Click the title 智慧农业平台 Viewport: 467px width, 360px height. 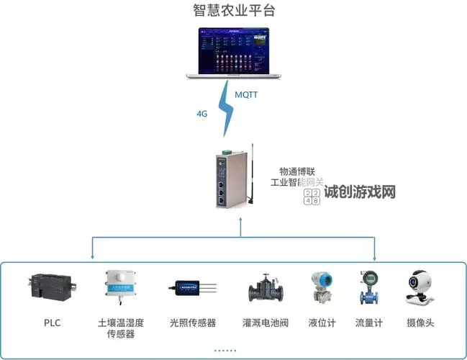click(234, 11)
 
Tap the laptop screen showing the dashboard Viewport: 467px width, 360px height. click(234, 50)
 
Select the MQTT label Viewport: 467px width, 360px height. click(247, 95)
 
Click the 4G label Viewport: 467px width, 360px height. click(202, 114)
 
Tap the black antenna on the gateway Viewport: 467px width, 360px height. click(252, 173)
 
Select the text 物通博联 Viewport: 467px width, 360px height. click(297, 171)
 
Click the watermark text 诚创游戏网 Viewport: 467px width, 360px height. click(360, 193)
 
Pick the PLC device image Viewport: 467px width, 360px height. click(52, 287)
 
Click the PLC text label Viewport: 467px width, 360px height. click(51, 323)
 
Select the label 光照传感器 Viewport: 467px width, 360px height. click(193, 323)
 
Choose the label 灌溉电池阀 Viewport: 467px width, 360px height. click(266, 323)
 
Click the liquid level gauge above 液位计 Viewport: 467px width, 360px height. click(322, 287)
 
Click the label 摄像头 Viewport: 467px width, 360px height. click(420, 323)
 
